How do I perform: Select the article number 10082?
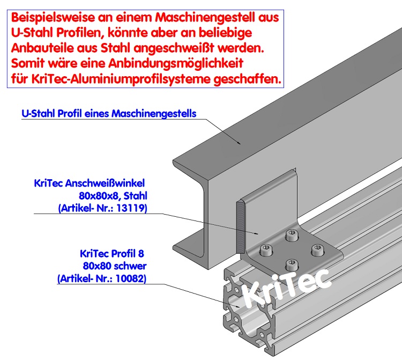tap(131, 278)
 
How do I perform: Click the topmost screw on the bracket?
tap(292, 234)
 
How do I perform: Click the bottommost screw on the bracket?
tap(291, 263)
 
